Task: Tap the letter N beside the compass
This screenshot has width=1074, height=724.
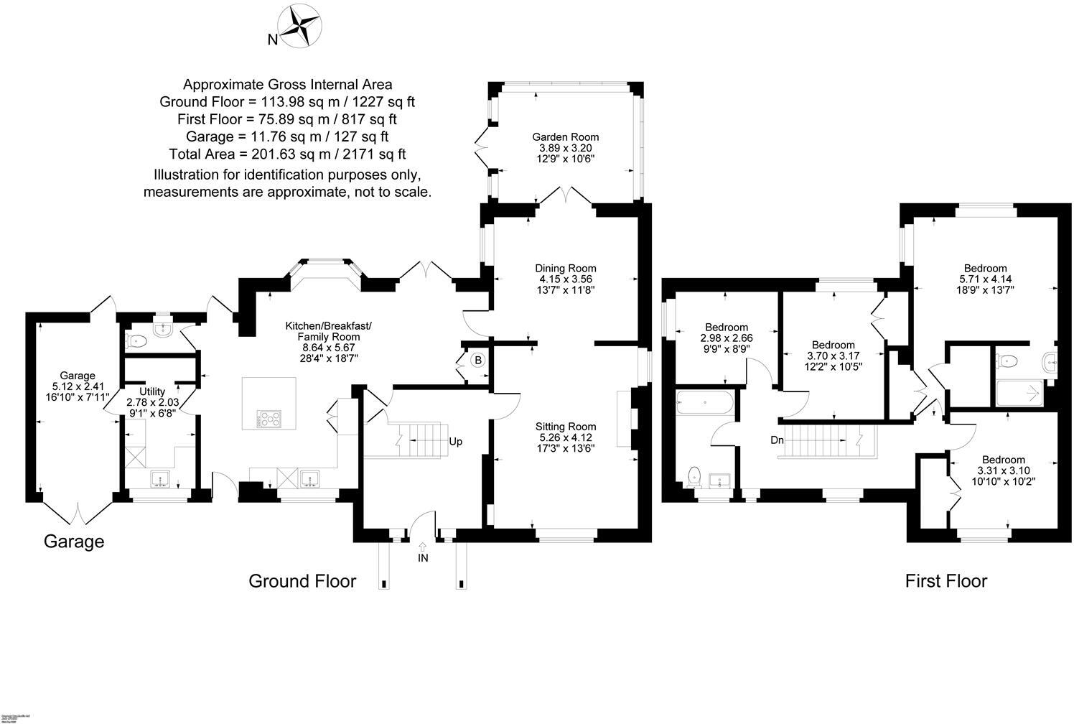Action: tap(273, 40)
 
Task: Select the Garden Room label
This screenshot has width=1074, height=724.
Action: tap(565, 136)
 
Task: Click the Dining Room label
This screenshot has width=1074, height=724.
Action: tap(566, 269)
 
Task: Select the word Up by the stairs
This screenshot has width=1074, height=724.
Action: tap(456, 442)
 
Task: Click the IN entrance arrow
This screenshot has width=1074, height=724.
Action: tap(422, 552)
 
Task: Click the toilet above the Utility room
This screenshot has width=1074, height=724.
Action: tap(136, 340)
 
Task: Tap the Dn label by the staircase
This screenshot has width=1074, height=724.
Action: tap(777, 440)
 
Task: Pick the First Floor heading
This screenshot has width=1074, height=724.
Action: tap(945, 580)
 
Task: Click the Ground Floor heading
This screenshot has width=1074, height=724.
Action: tap(302, 580)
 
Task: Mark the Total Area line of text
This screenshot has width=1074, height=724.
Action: tap(287, 154)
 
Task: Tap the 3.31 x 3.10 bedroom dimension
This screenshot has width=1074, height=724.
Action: tap(1003, 470)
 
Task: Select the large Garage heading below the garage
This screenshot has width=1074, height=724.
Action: tap(74, 542)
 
